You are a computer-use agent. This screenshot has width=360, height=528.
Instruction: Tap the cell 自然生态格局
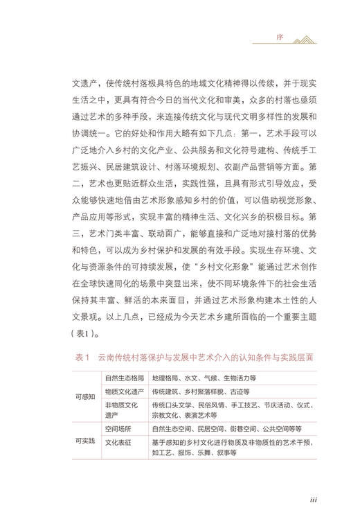click(x=125, y=379)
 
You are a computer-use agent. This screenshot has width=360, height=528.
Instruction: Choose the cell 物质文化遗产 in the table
click(x=125, y=391)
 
